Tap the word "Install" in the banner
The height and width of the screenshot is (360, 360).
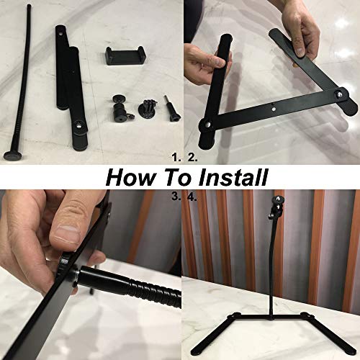[x=230, y=177]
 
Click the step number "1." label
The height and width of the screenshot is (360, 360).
[x=174, y=155]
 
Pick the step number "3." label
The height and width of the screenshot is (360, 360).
[x=174, y=195]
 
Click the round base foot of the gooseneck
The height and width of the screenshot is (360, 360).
[x=14, y=154]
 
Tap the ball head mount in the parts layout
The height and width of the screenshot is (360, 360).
[x=117, y=107]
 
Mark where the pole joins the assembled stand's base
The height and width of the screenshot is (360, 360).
[x=271, y=317]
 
